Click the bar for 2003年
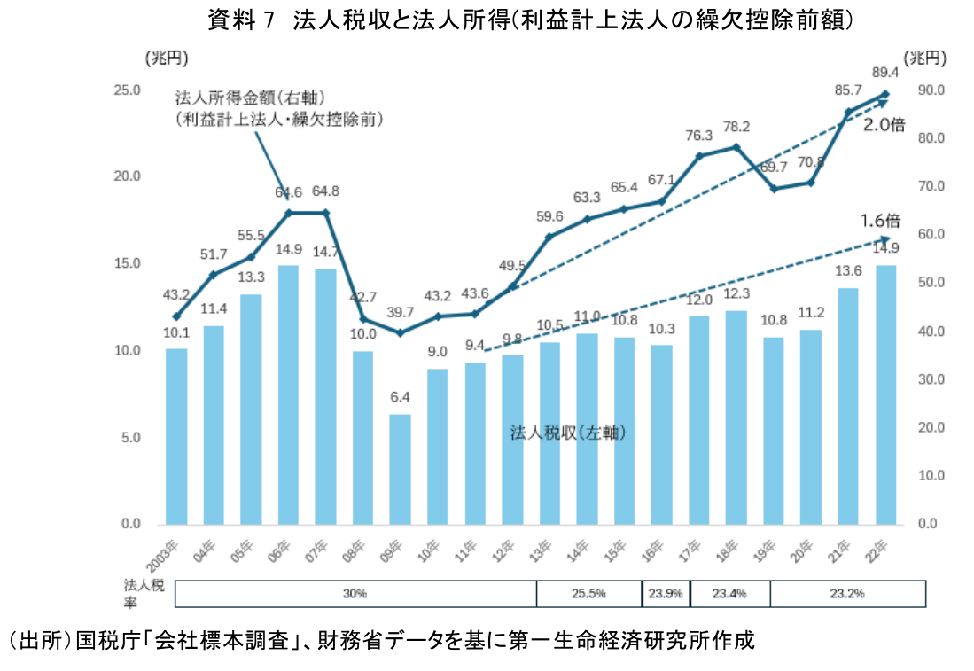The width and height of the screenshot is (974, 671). (176, 436)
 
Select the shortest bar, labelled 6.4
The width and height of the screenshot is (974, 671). (400, 469)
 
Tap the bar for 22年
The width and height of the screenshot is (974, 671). (885, 394)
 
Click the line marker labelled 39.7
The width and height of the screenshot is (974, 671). (400, 332)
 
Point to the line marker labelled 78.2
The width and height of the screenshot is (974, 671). (736, 146)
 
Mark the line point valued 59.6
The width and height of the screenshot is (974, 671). (549, 237)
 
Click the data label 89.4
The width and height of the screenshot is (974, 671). (885, 72)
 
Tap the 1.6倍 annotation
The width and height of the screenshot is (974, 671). (880, 221)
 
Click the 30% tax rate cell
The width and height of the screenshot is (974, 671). (355, 593)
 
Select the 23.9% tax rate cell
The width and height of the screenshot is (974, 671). (665, 593)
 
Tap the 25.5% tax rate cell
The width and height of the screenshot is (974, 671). (588, 593)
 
